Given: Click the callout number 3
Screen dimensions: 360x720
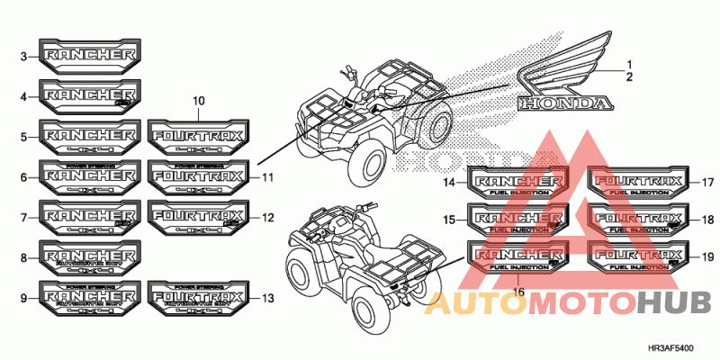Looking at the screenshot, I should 24,57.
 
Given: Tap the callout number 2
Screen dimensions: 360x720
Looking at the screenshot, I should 631,76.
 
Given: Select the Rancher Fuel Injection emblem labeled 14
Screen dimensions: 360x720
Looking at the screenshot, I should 517,183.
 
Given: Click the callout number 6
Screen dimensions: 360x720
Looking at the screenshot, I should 24,177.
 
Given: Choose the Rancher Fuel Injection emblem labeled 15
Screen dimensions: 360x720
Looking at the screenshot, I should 517,220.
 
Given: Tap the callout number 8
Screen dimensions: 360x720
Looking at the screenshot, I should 24,258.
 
